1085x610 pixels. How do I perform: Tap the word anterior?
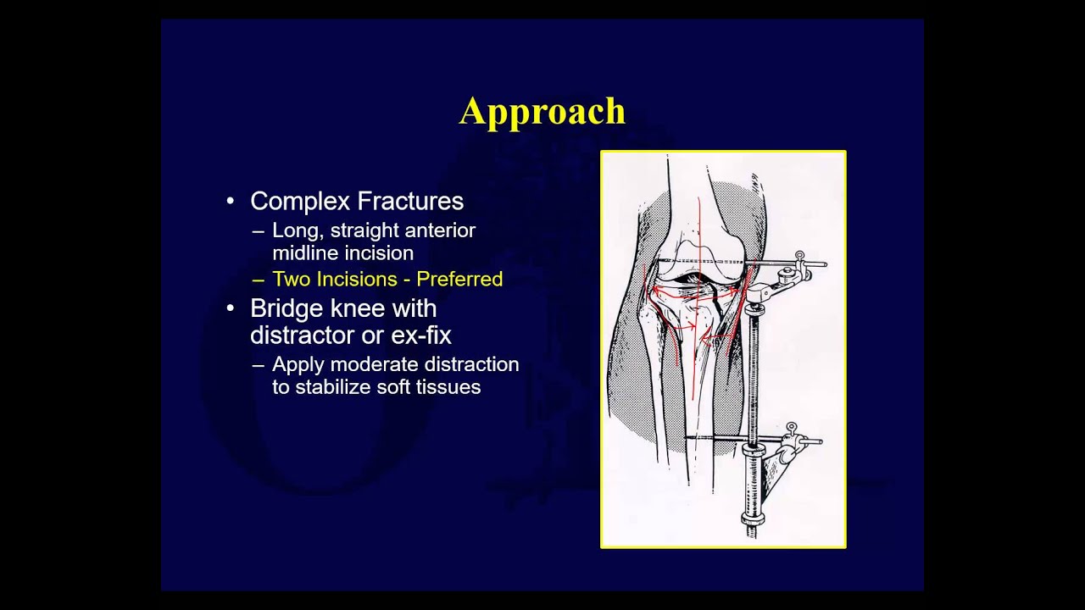point(440,230)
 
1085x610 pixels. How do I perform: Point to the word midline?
point(307,252)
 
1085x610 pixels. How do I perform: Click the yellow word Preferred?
point(459,279)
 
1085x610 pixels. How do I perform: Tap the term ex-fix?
point(420,335)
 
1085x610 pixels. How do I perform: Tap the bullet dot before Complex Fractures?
point(231,202)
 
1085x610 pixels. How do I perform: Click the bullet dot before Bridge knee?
point(231,308)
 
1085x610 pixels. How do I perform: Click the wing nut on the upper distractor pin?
point(799,258)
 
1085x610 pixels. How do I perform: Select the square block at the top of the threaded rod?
point(759,294)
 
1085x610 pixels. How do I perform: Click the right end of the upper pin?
point(826,265)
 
